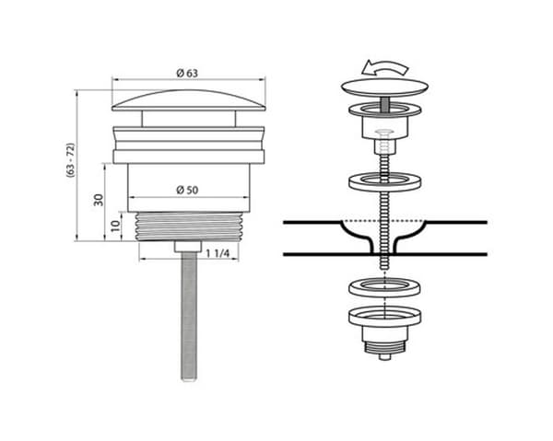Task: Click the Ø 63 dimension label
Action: [187, 73]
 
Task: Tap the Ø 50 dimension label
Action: [187, 190]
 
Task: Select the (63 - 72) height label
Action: [71, 160]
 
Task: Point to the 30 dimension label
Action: [99, 200]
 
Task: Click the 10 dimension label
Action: [115, 226]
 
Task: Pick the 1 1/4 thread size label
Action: [218, 253]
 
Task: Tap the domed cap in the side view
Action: [189, 101]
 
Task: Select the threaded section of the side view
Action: [189, 226]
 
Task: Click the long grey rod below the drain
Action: [189, 317]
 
